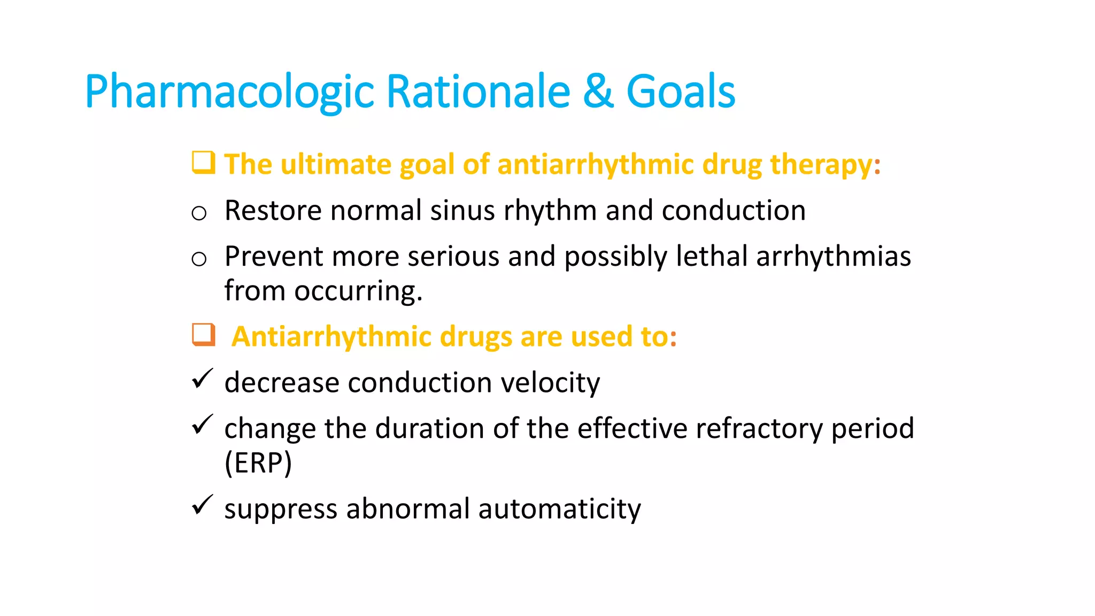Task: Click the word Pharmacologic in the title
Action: (x=229, y=92)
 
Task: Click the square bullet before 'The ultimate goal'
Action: (x=203, y=163)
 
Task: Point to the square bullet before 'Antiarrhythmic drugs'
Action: (x=203, y=335)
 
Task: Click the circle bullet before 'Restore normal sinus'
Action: (x=199, y=213)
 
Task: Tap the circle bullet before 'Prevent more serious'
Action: (x=199, y=259)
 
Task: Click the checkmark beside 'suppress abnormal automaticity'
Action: (x=202, y=505)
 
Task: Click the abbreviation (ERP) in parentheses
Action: (x=258, y=463)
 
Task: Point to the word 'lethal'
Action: (x=712, y=256)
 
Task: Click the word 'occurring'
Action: (x=358, y=291)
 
